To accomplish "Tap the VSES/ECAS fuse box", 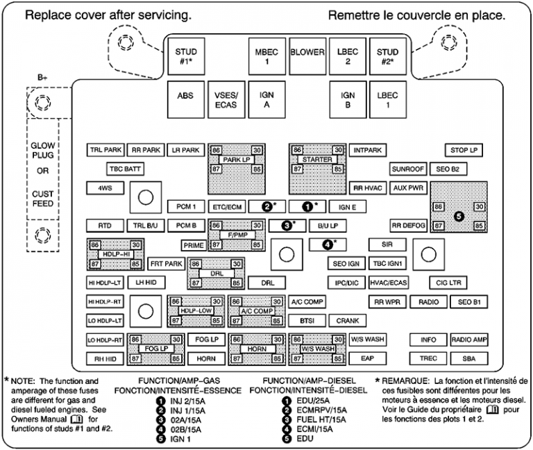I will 226,100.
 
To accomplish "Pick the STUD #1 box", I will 185,56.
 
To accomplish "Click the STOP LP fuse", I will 464,150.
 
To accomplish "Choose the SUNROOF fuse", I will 407,169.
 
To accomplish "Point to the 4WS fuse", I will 105,187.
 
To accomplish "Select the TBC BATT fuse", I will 124,169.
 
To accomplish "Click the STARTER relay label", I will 317,160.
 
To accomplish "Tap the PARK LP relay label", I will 236,160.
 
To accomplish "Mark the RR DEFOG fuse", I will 408,226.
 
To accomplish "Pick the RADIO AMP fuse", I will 469,340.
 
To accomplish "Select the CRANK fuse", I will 348,321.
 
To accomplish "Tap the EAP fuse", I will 368,358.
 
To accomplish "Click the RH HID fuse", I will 105,359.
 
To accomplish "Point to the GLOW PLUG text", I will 42,151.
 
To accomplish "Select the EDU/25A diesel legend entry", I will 311,401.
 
